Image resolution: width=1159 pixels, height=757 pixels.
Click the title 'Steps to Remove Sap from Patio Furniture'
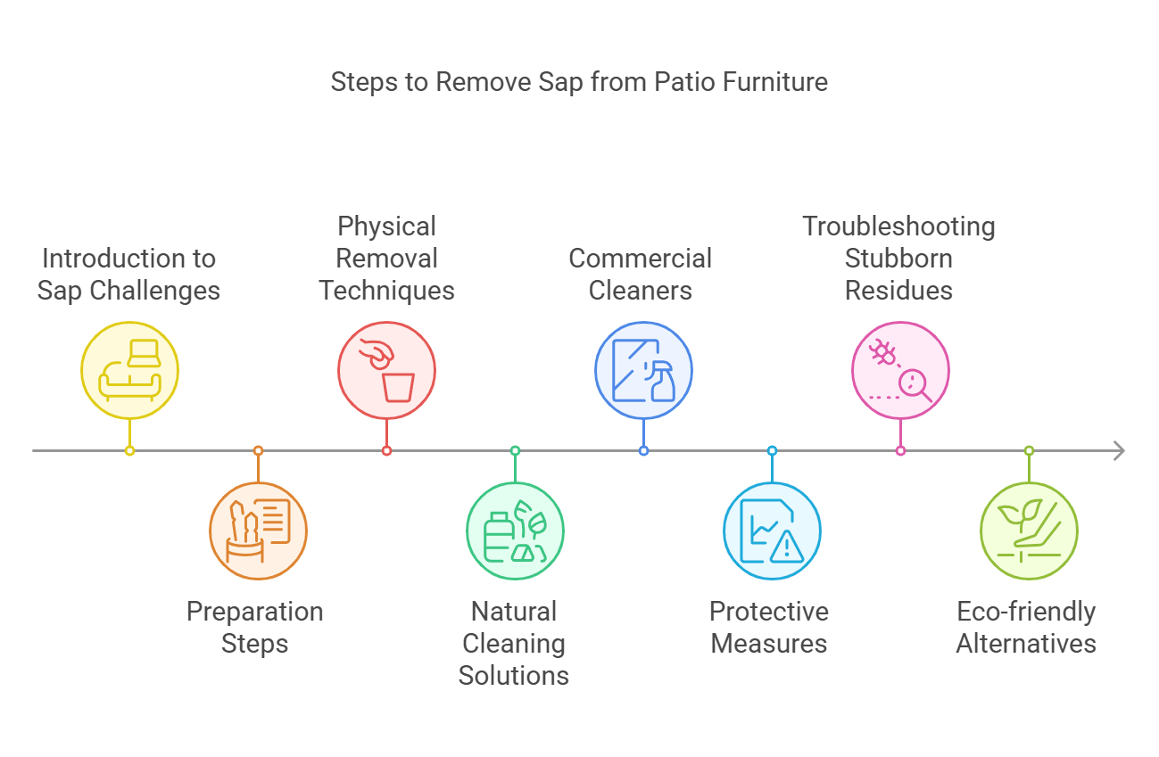[579, 82]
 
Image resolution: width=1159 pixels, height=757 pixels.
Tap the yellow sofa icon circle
[130, 370]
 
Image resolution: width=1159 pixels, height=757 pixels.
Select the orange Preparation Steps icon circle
[259, 531]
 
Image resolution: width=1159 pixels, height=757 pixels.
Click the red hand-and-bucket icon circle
[386, 370]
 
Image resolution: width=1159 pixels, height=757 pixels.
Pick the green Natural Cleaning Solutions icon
[515, 531]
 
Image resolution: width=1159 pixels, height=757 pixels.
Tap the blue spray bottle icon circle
[643, 370]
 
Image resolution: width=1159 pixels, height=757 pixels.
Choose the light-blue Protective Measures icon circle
[772, 531]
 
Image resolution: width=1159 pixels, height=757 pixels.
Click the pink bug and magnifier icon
[900, 370]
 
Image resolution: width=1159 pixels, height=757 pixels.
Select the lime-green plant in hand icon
[1029, 531]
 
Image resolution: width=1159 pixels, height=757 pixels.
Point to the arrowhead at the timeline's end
[1119, 451]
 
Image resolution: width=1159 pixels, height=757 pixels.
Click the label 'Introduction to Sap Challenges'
[128, 275]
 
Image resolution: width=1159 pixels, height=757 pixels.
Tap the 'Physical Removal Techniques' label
[386, 259]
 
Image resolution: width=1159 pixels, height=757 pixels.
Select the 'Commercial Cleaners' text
[641, 275]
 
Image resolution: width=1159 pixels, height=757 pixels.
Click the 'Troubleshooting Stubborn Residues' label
[898, 259]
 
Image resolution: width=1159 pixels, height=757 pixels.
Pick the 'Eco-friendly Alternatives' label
[1026, 628]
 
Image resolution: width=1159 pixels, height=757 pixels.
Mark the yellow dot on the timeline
[130, 451]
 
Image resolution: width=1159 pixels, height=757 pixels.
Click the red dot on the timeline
[386, 451]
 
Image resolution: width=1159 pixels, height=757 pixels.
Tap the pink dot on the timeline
[900, 451]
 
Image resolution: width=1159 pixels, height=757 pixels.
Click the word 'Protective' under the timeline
[769, 612]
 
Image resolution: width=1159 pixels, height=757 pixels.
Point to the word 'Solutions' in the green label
[514, 675]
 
